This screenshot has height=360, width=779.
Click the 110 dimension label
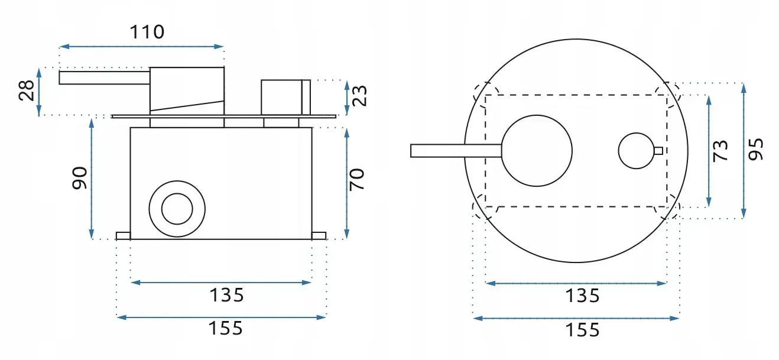click(x=147, y=31)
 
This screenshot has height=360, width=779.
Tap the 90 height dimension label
click(x=80, y=178)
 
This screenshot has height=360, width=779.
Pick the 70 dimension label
click(x=357, y=179)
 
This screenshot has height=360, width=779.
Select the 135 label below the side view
click(x=226, y=294)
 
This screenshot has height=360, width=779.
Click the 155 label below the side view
click(x=226, y=328)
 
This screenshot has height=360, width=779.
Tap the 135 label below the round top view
click(x=582, y=295)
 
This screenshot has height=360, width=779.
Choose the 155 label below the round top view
click(x=582, y=329)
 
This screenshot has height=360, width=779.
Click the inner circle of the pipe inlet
click(x=177, y=209)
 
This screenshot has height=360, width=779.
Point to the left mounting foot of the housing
click(x=123, y=236)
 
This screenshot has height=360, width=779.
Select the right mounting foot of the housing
click(x=319, y=236)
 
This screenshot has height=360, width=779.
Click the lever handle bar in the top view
click(x=455, y=151)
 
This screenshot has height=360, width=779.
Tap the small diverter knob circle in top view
click(x=636, y=150)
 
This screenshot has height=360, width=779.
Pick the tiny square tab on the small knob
click(x=658, y=150)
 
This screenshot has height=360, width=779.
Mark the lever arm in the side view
click(x=104, y=77)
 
